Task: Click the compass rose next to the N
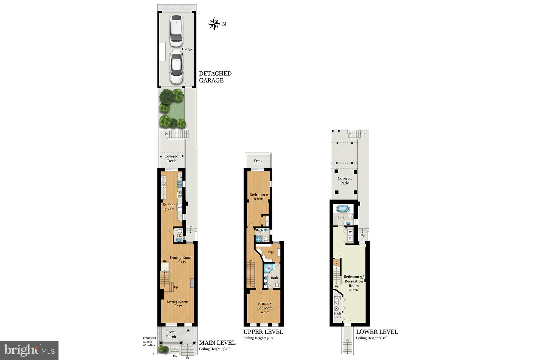214,24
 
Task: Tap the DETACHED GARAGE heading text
215,77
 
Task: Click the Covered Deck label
171,158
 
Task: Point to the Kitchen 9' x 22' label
169,207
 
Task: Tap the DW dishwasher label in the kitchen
180,177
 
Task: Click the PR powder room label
178,235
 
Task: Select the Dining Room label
181,259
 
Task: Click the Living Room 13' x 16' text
177,303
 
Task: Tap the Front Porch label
171,334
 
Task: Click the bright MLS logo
29,350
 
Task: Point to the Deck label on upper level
258,161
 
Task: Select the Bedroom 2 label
259,196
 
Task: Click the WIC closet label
271,253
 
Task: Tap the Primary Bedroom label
265,307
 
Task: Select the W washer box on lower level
350,232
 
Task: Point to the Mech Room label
337,315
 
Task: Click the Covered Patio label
344,181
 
